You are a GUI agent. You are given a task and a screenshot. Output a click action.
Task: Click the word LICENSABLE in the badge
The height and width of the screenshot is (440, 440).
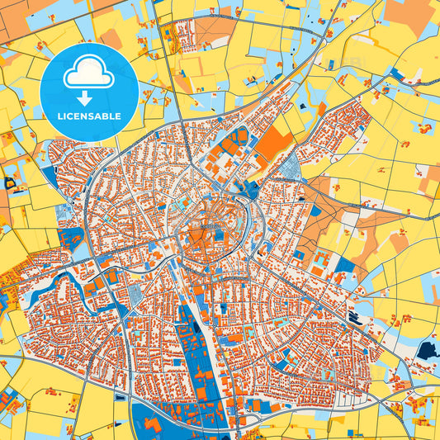pos(90,116)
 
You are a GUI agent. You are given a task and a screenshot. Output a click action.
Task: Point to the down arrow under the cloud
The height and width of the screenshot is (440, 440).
pos(90,96)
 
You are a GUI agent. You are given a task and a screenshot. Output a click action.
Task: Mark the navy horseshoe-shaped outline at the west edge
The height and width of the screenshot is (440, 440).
pos(11,183)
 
